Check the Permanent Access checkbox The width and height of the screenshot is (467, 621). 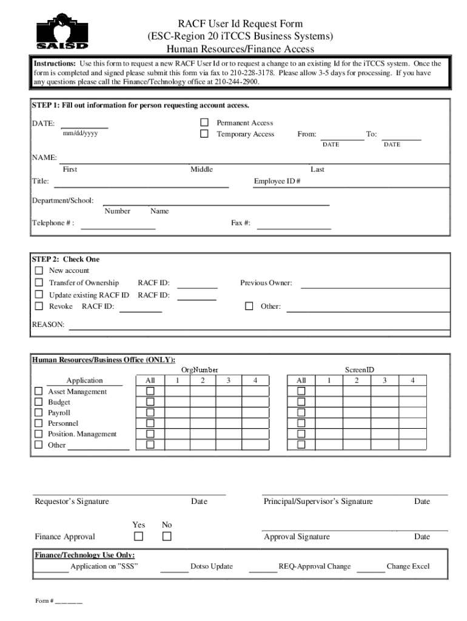(204, 123)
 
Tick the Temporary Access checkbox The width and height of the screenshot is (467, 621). (204, 134)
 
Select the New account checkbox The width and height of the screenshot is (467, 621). (39, 270)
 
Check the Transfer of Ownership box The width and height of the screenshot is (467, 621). (39, 283)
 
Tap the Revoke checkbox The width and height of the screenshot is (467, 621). (39, 306)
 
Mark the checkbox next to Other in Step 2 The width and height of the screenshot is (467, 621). (249, 306)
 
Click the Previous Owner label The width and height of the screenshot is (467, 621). (266, 283)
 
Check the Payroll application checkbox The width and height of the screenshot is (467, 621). (39, 412)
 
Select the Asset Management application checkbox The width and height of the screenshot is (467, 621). (39, 391)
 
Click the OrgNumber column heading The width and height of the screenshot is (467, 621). (200, 369)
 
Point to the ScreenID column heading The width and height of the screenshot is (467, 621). (360, 369)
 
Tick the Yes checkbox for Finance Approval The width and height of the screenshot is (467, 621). (139, 536)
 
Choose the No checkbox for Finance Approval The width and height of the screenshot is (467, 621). (167, 536)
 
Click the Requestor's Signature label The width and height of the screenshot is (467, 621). (72, 502)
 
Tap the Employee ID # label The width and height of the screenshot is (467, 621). (277, 181)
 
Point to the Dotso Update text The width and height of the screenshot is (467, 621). (212, 566)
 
